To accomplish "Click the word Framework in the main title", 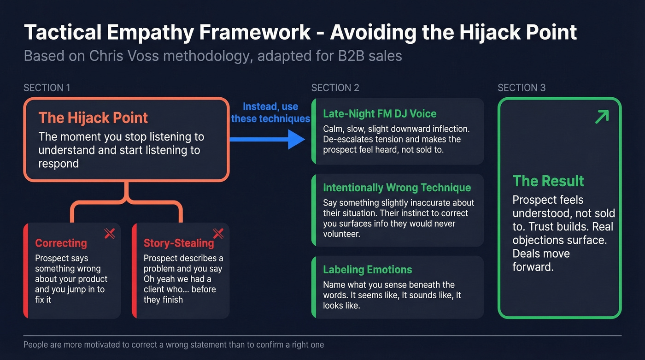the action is [254, 32].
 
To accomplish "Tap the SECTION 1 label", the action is [47, 88].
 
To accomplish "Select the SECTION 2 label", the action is [335, 88].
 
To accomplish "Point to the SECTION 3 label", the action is [522, 88].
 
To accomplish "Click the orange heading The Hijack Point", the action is [93, 118].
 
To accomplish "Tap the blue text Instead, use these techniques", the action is [270, 112].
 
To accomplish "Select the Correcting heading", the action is [61, 243].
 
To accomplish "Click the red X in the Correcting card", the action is [110, 234].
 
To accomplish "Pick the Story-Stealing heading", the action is [179, 243].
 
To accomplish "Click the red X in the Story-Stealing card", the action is [218, 234].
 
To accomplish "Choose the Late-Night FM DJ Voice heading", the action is [380, 114].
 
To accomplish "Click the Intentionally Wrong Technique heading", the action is [397, 188].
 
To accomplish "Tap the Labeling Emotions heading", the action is [368, 270].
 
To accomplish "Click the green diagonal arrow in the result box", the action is [602, 117].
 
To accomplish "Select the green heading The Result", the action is [548, 181].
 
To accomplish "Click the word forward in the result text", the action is [533, 267].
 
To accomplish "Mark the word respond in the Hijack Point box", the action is [59, 164].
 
